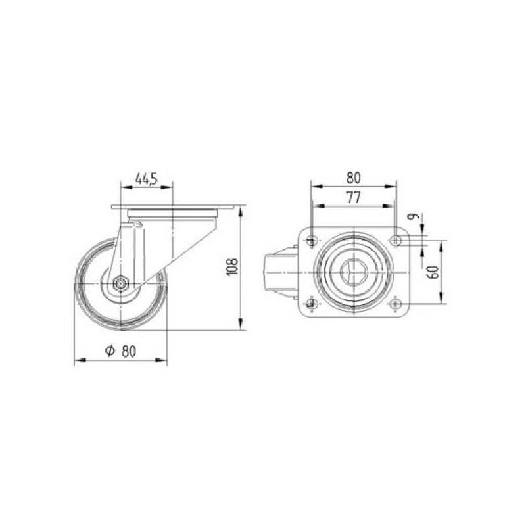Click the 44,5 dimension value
pyautogui.click(x=146, y=179)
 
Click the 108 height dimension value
pyautogui.click(x=233, y=267)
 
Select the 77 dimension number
pyautogui.click(x=353, y=197)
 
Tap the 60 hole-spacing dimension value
pyautogui.click(x=433, y=272)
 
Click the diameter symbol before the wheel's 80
pyautogui.click(x=110, y=350)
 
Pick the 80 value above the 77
pyautogui.click(x=353, y=178)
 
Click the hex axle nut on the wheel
pyautogui.click(x=120, y=284)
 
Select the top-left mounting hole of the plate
pyautogui.click(x=312, y=240)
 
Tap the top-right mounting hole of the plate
pyautogui.click(x=396, y=240)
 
